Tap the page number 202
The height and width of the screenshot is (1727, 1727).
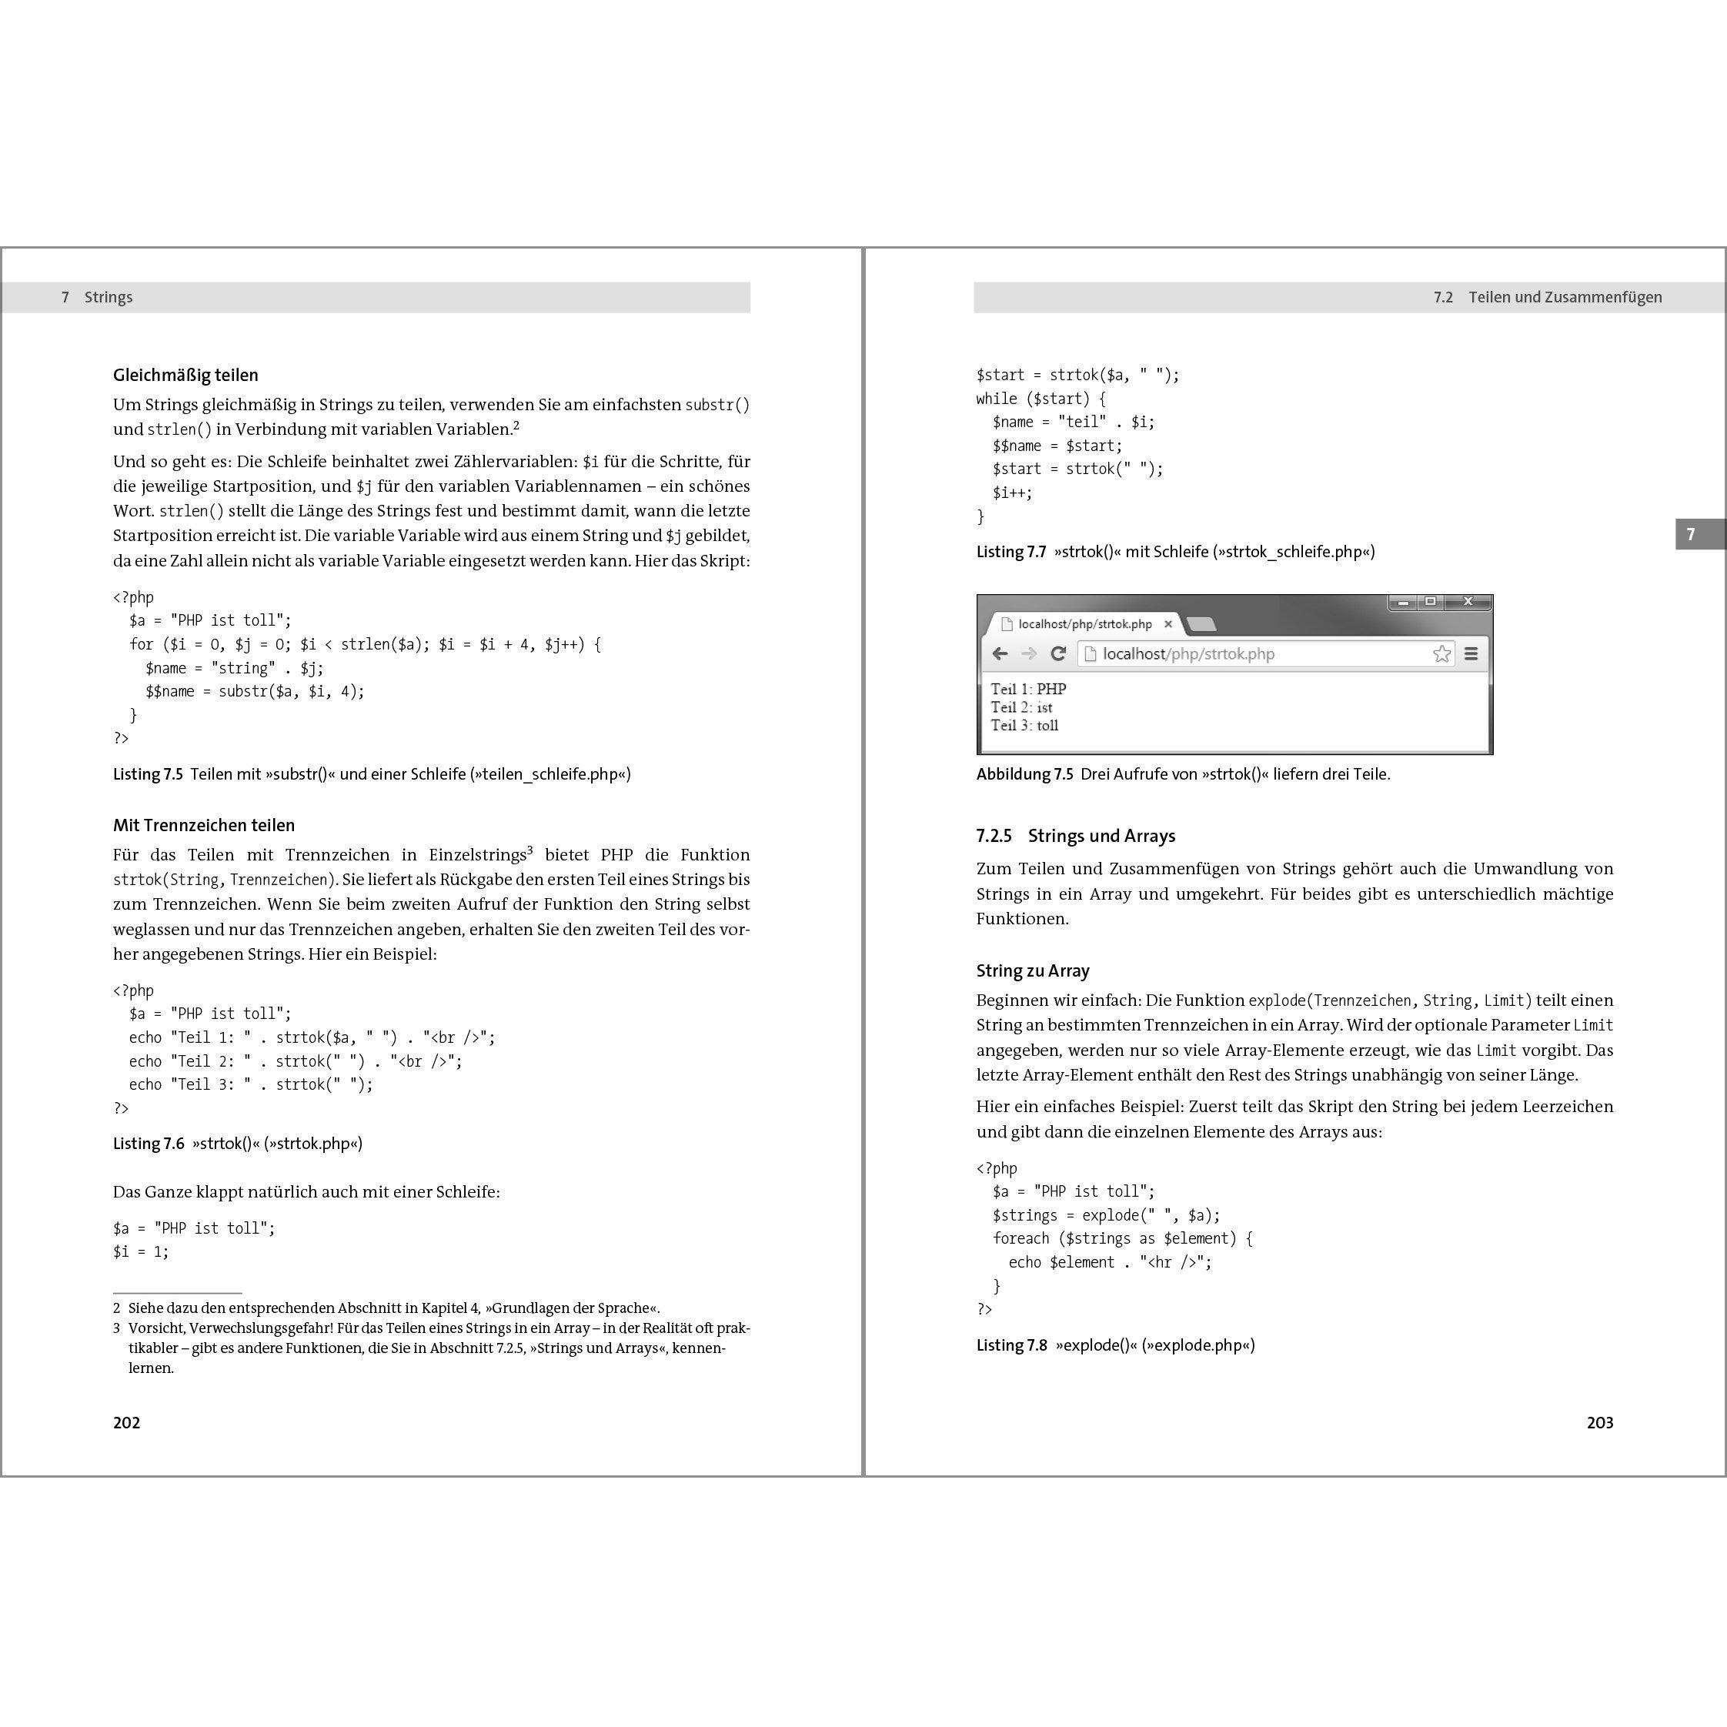point(126,1422)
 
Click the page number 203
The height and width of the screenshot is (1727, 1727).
point(1599,1422)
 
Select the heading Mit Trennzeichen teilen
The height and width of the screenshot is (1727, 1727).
point(203,825)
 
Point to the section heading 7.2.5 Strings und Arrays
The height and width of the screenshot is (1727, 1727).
point(1075,836)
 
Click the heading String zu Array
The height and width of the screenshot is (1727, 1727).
point(1033,970)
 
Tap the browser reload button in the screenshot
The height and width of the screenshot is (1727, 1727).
point(1058,653)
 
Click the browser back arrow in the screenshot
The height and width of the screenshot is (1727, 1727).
point(1000,653)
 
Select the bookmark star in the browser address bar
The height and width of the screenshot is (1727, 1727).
point(1441,653)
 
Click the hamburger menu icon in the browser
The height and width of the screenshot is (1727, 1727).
point(1471,653)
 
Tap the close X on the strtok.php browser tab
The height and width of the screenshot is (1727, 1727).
point(1167,624)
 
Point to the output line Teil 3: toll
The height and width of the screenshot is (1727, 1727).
point(1024,726)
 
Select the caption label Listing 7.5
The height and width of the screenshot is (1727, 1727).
point(148,774)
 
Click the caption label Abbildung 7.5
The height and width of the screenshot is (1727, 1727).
point(1024,774)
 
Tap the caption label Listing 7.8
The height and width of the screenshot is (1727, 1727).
point(1011,1345)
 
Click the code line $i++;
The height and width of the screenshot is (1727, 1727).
point(1012,493)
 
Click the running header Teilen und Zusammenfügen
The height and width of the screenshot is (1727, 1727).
point(1565,298)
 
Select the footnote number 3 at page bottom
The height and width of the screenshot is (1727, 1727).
point(117,1328)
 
